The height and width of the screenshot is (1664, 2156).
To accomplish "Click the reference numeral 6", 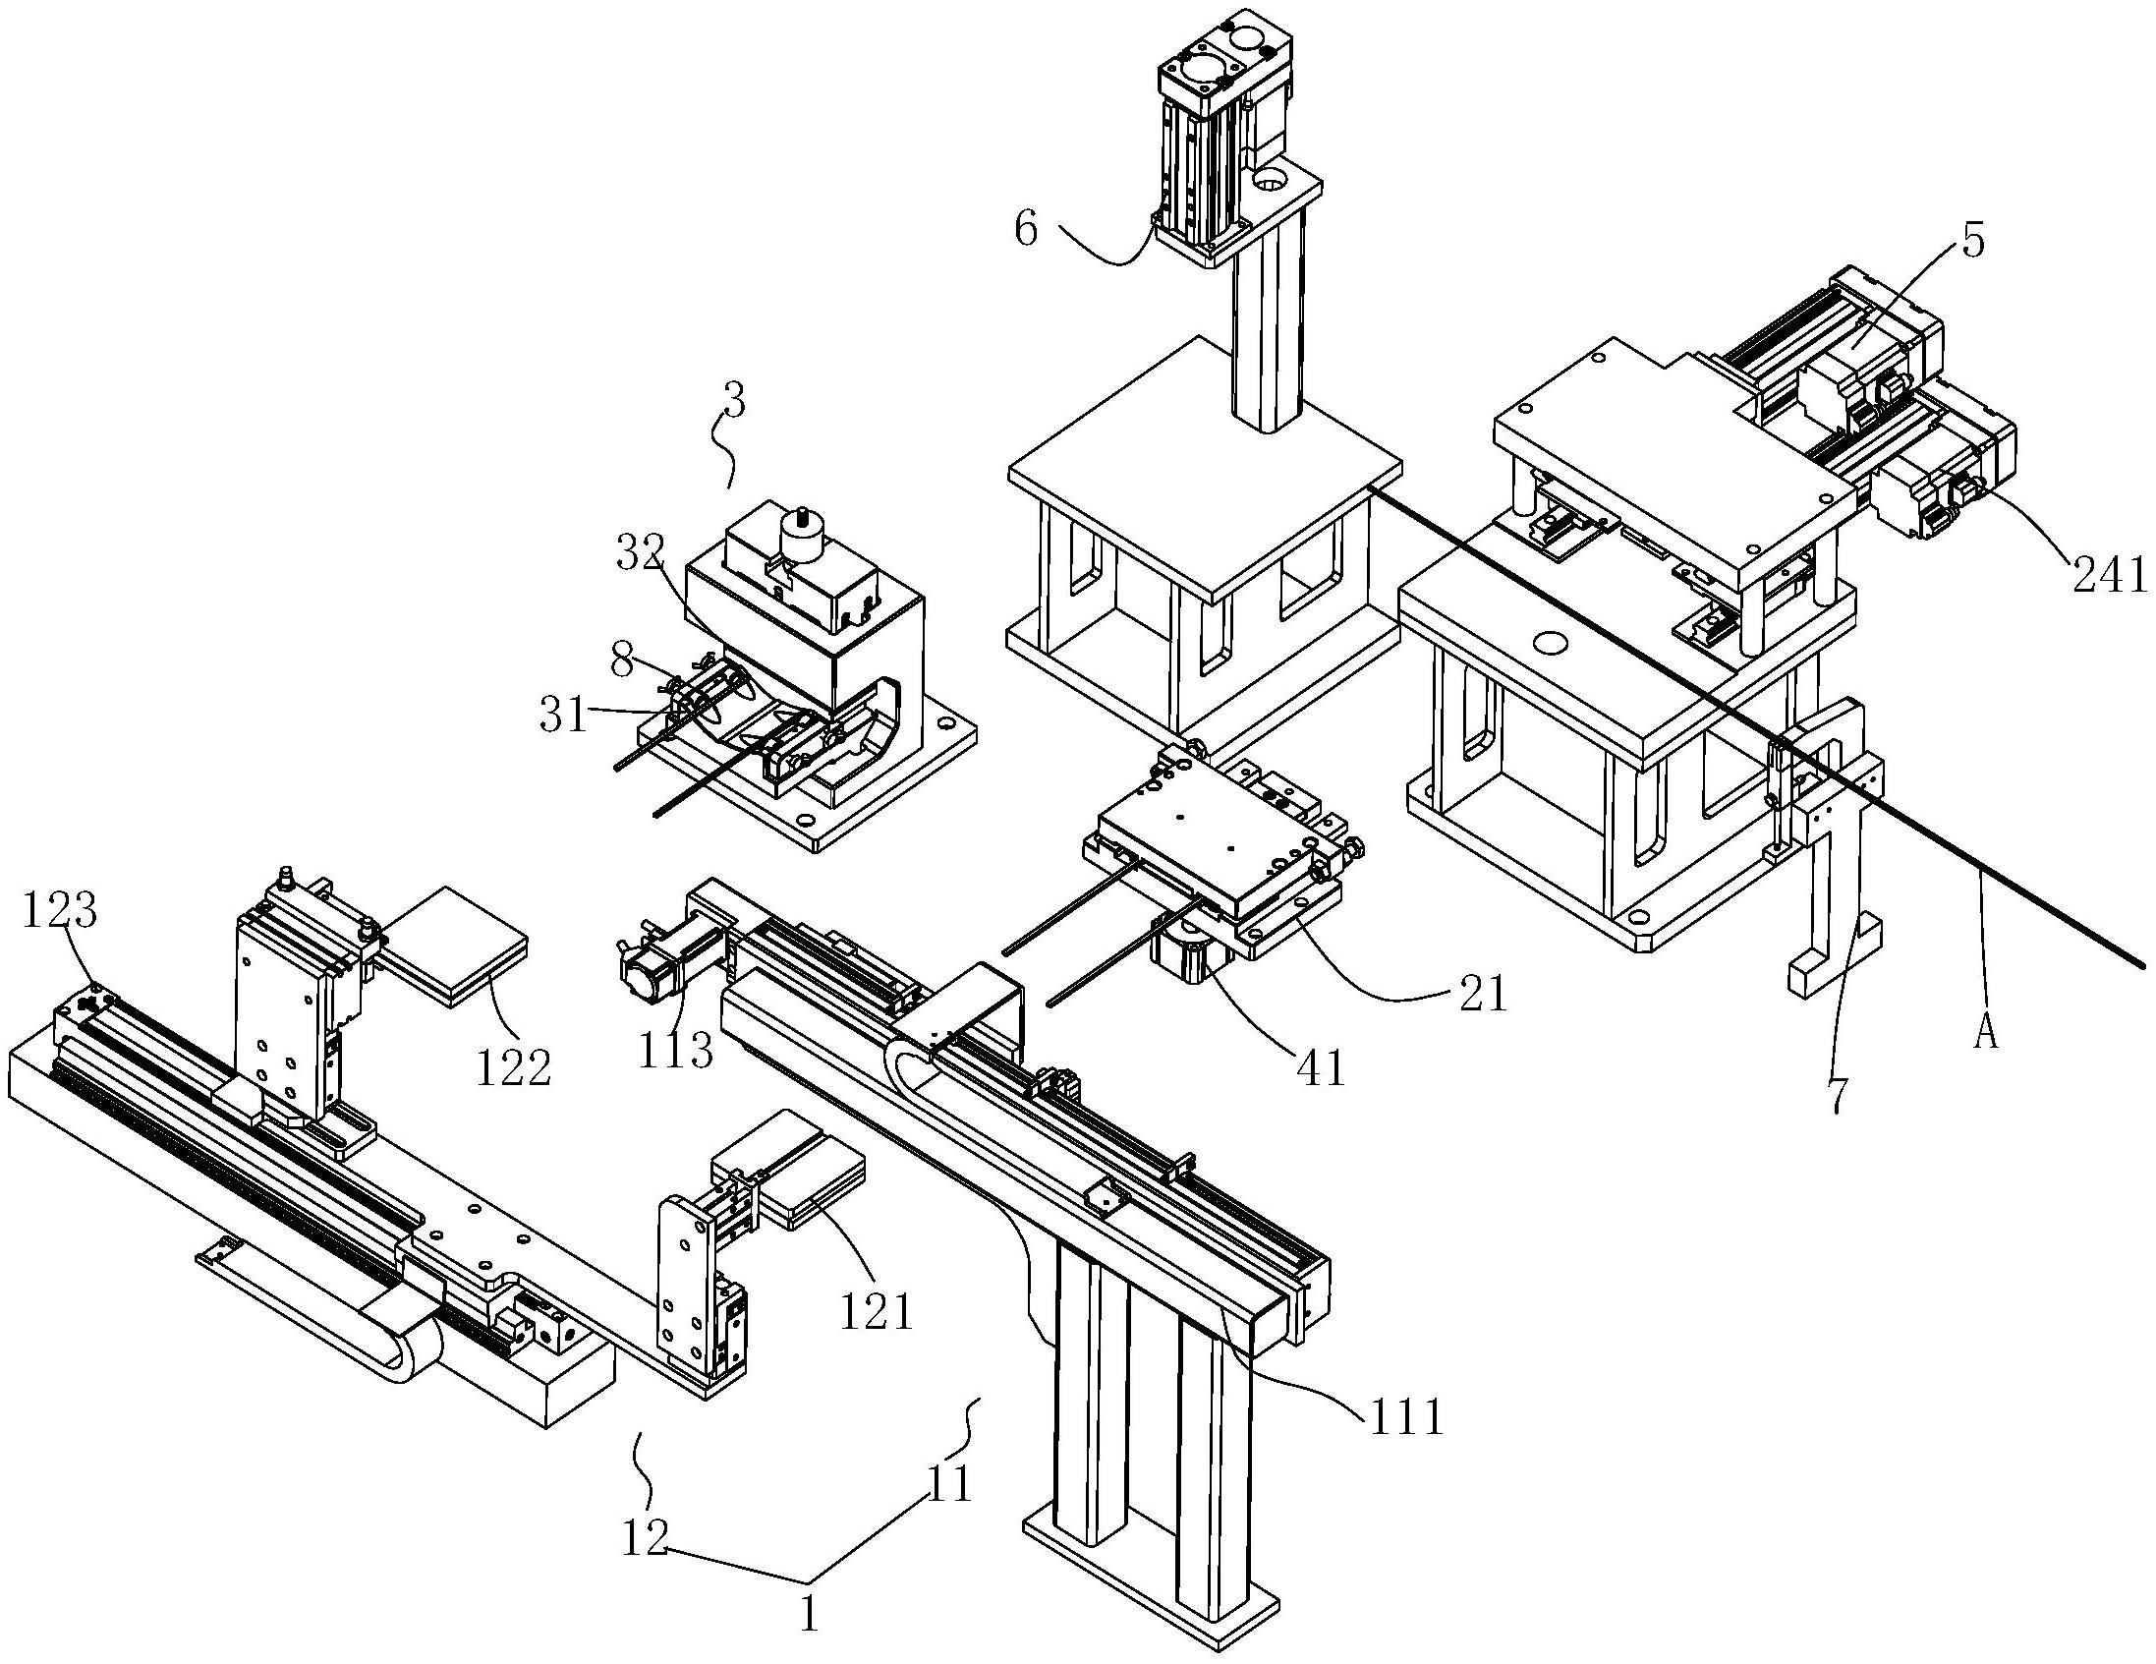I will (x=1027, y=229).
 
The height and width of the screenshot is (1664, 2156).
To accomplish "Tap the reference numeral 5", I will (x=1972, y=242).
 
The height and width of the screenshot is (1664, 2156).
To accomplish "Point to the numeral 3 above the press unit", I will (x=734, y=403).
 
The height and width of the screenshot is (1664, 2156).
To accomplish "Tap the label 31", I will (x=564, y=714).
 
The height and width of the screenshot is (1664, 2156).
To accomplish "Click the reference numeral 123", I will (x=61, y=911).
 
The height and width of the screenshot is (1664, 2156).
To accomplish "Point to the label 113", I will (x=675, y=1050).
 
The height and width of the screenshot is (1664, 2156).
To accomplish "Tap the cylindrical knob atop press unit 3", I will (x=801, y=537).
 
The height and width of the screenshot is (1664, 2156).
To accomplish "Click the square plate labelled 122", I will (x=454, y=939).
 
